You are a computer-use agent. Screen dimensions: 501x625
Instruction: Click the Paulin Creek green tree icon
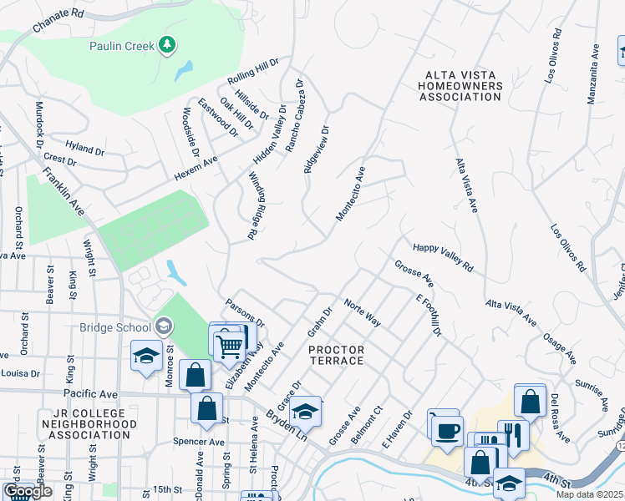[x=167, y=45]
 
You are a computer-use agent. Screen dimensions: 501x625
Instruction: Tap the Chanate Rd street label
[x=58, y=21]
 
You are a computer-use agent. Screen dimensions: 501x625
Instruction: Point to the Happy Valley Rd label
[x=443, y=258]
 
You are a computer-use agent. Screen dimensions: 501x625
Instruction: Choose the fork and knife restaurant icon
[x=513, y=433]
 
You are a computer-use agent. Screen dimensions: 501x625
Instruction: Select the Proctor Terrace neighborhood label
[x=336, y=355]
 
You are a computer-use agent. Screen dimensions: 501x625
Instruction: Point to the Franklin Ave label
[x=64, y=191]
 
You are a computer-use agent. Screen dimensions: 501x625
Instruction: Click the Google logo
[x=28, y=492]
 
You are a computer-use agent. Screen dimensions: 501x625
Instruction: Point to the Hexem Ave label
[x=196, y=170]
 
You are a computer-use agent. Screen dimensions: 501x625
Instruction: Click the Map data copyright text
[x=590, y=494]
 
